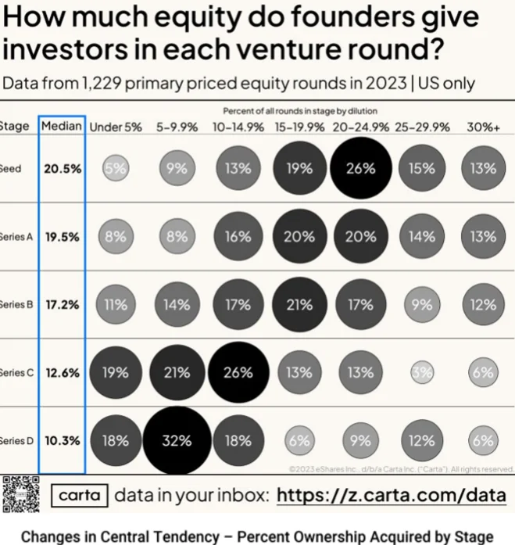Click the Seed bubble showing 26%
[360, 168]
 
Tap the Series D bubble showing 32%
[177, 440]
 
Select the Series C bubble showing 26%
[238, 373]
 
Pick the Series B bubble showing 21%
[299, 305]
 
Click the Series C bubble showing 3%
[422, 373]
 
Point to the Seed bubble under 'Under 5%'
[116, 168]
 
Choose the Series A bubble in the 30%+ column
[483, 236]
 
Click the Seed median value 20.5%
[63, 168]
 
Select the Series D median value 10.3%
[63, 440]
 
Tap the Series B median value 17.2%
[63, 305]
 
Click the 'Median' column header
[62, 126]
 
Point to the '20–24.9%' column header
[360, 126]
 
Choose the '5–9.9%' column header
[177, 126]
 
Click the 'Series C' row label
[13, 373]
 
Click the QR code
[21, 494]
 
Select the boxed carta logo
[80, 496]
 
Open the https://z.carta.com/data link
[392, 496]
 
